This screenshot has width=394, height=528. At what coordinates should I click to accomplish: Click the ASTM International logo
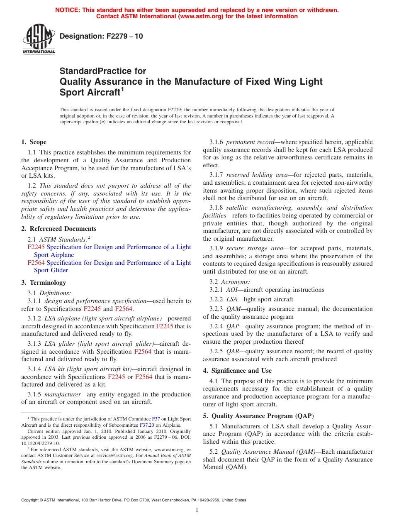39,39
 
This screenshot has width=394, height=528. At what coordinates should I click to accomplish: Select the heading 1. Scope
34,142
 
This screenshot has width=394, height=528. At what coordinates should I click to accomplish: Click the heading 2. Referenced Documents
59,229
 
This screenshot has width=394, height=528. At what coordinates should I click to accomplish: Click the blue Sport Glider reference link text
51,270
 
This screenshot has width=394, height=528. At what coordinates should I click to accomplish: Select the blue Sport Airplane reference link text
54,255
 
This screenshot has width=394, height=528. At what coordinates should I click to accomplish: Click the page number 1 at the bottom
197,510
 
